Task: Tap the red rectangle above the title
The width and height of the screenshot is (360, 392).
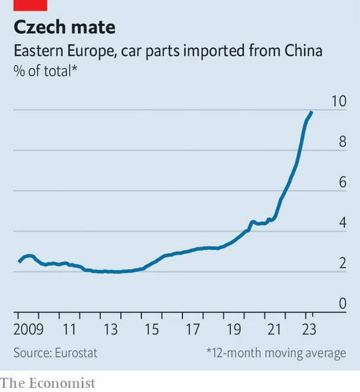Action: [30, 5]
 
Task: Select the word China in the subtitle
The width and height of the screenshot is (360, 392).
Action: [303, 51]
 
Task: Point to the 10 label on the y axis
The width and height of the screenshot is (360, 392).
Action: [338, 101]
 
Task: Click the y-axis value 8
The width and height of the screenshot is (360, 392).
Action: [342, 142]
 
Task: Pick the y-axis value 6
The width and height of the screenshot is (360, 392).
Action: [342, 182]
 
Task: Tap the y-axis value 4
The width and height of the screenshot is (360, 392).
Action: [342, 223]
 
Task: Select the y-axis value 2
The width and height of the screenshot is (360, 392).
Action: [342, 264]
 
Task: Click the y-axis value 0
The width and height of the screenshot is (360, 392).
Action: [342, 304]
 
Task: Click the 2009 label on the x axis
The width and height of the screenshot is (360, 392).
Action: [27, 329]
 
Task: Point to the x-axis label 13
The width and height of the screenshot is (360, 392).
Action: [110, 329]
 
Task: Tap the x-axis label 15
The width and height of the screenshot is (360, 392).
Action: [151, 329]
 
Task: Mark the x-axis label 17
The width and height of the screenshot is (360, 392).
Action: [192, 329]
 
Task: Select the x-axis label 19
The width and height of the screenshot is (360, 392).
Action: [233, 329]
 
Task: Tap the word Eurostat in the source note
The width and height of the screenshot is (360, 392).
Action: [76, 353]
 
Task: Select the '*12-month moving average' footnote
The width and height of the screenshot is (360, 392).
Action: [276, 353]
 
